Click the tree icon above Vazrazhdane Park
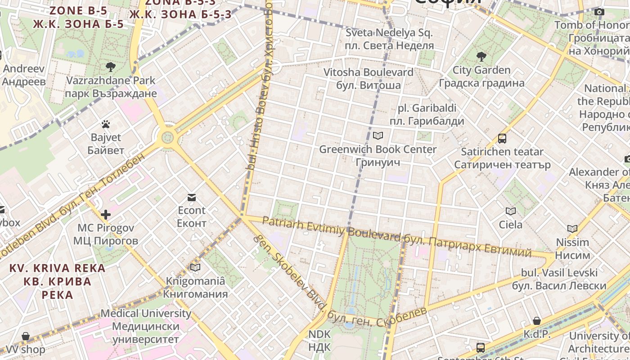110,67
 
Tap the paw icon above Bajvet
106,124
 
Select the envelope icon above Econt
192,197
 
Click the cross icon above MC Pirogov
106,215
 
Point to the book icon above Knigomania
195,268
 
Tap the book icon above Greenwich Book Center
378,135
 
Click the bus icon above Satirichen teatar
502,139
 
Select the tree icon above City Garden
481,57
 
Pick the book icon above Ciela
511,211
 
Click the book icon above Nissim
572,229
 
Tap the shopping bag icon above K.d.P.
537,321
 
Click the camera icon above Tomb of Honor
599,12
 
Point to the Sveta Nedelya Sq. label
389,39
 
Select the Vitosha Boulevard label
369,78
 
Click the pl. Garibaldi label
427,114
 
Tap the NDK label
319,341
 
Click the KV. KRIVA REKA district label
58,281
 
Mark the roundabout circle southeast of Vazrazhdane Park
167,136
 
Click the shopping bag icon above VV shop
26,336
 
